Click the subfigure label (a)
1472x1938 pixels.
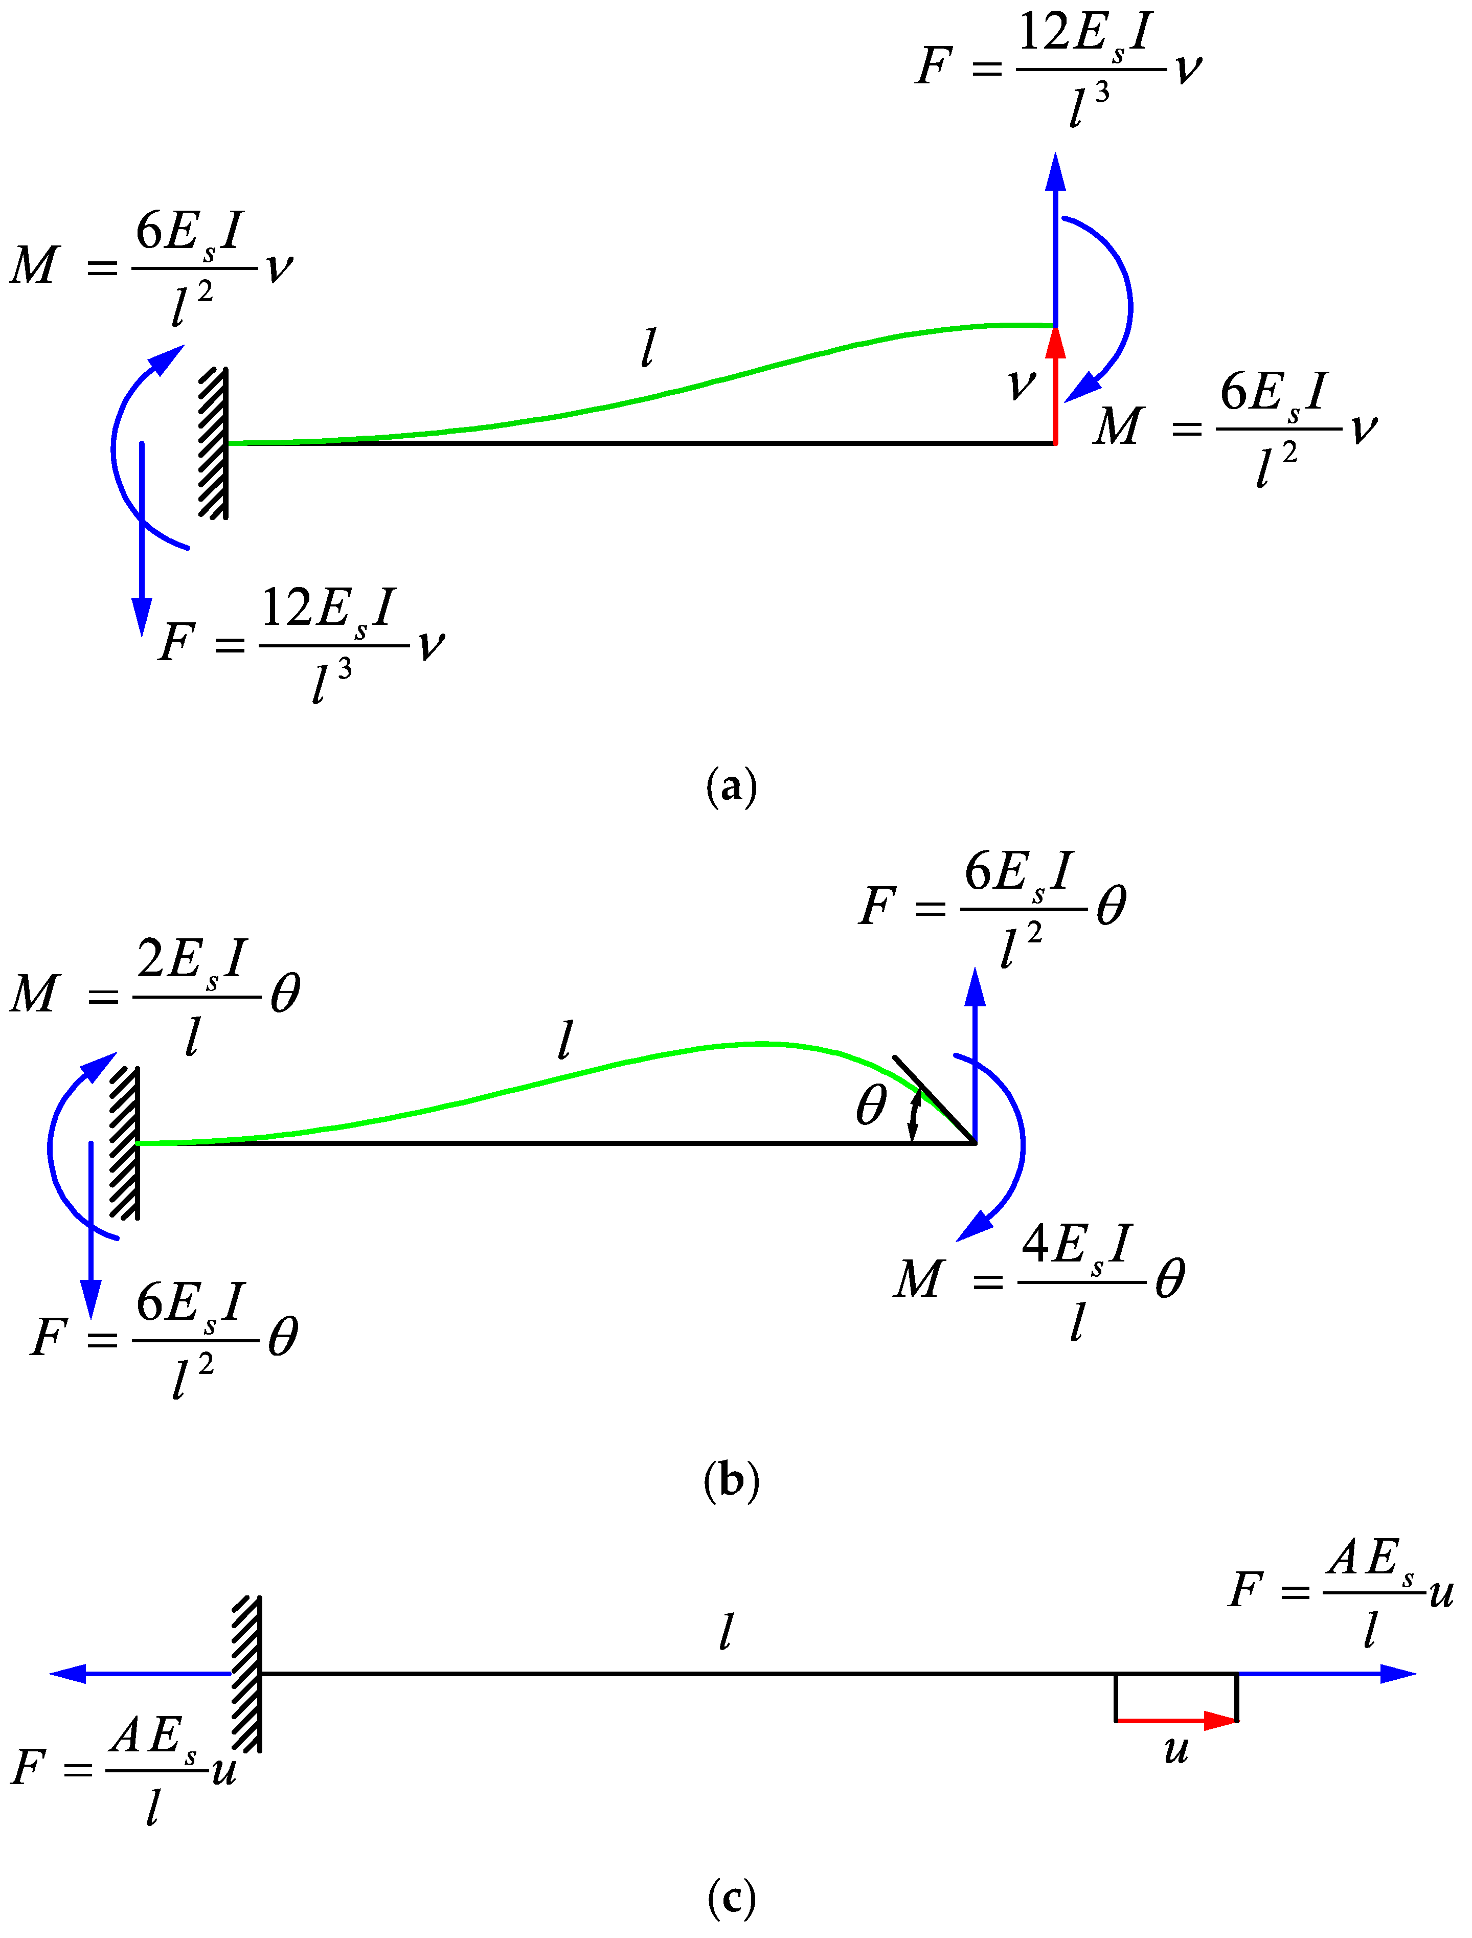[731, 786]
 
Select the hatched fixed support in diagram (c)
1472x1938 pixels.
[247, 1674]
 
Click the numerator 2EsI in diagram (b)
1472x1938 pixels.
[192, 959]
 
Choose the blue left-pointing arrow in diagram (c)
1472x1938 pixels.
[140, 1674]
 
